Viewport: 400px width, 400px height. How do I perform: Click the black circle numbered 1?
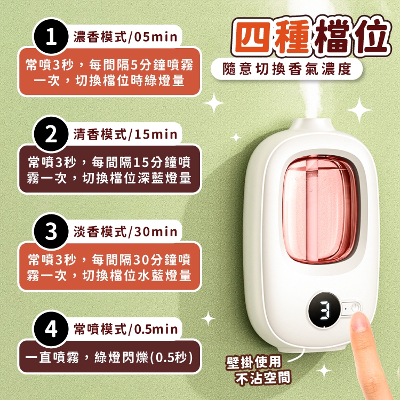click(x=51, y=37)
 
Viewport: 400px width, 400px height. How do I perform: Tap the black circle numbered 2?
click(x=51, y=135)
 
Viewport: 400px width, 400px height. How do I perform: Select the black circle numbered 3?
click(x=51, y=231)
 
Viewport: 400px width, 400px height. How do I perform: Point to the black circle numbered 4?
click(x=51, y=329)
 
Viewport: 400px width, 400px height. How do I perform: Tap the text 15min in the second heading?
click(x=156, y=134)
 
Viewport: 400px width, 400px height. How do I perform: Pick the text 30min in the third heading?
click(x=156, y=232)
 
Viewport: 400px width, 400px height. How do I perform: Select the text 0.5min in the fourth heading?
click(x=156, y=330)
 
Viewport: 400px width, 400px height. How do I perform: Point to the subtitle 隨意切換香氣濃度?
click(x=287, y=69)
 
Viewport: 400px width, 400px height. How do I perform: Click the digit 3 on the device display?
click(x=325, y=310)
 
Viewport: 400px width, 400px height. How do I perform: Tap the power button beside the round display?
click(x=355, y=308)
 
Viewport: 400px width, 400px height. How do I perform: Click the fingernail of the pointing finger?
click(x=359, y=321)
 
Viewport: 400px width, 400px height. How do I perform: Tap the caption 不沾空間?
click(x=263, y=378)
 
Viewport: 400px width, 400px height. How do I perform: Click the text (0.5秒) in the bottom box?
click(x=171, y=358)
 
